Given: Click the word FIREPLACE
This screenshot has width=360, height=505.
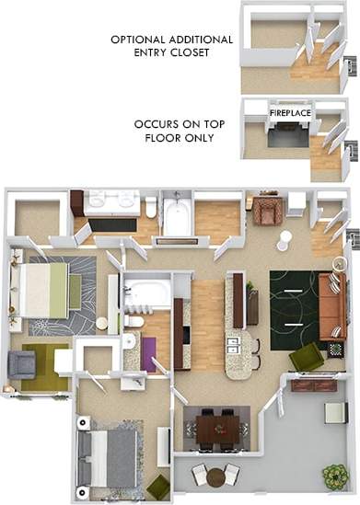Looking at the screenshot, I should pos(290,112).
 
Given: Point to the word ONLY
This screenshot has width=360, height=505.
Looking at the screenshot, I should pos(199,138).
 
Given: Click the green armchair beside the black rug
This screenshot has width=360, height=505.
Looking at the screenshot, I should pos(306,356).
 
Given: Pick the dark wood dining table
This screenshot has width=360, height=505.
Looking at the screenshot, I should pos(215,427).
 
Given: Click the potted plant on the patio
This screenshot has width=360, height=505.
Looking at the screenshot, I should pos(335,476).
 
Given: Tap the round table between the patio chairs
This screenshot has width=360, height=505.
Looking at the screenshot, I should pos(216,476).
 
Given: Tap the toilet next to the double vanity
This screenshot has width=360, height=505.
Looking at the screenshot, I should pos(151,208).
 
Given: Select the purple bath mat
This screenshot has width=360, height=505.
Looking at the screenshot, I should pos(148,354).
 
